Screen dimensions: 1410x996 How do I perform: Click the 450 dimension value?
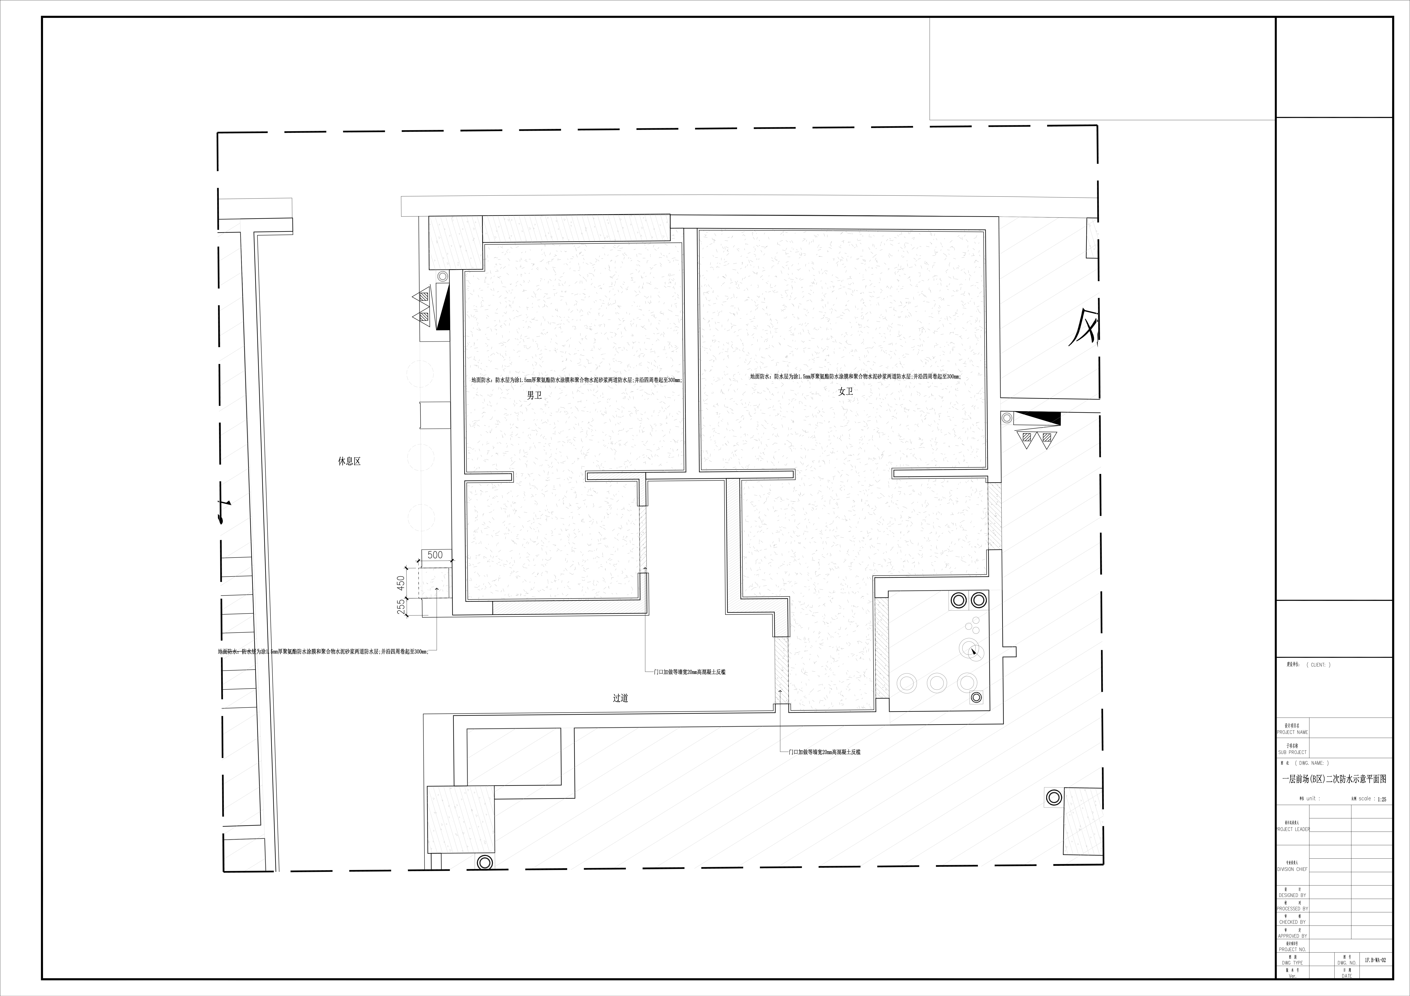point(400,583)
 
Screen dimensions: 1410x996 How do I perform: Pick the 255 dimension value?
point(400,607)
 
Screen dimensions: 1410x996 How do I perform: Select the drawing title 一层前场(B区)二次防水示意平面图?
point(1334,779)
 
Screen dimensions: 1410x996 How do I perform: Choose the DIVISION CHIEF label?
point(1292,869)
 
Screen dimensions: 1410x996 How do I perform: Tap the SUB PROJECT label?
point(1292,752)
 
